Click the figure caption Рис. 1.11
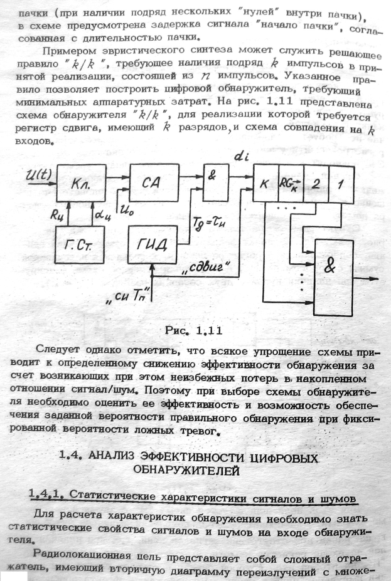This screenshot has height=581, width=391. (x=195, y=328)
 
